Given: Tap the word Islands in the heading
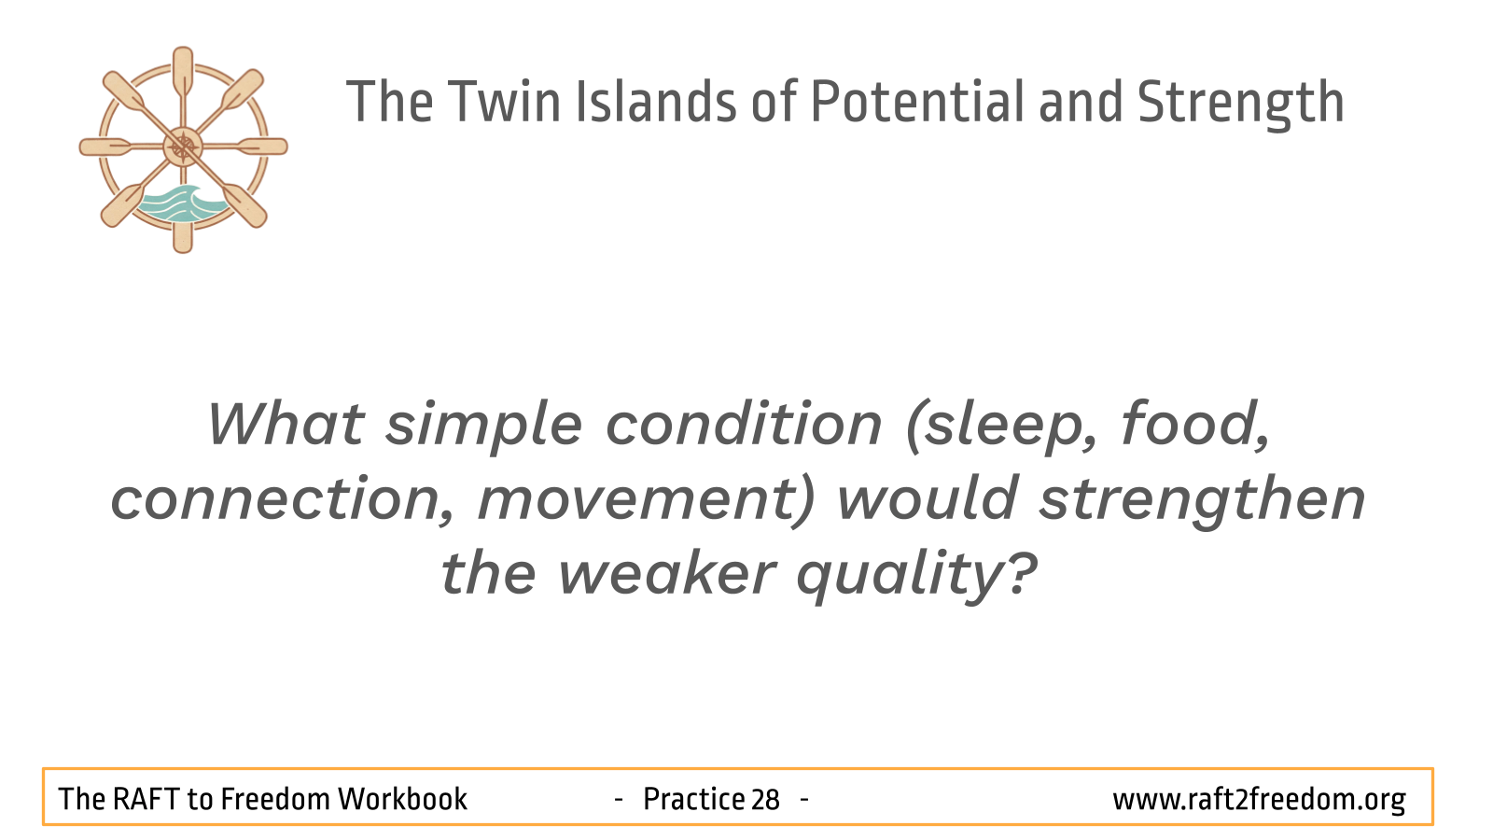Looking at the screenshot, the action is click(656, 102).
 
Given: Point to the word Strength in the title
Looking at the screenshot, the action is click(1240, 104).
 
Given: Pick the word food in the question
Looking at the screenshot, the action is click(1194, 424).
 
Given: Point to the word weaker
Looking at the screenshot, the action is click(666, 573).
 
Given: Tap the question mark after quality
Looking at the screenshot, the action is click(1021, 572).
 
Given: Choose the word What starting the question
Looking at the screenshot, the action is click(286, 424).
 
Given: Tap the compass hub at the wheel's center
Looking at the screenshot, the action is click(183, 147).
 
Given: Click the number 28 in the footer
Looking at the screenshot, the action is click(765, 799).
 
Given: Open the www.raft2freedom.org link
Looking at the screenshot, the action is click(1259, 800).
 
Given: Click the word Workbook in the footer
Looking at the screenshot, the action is click(402, 799).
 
